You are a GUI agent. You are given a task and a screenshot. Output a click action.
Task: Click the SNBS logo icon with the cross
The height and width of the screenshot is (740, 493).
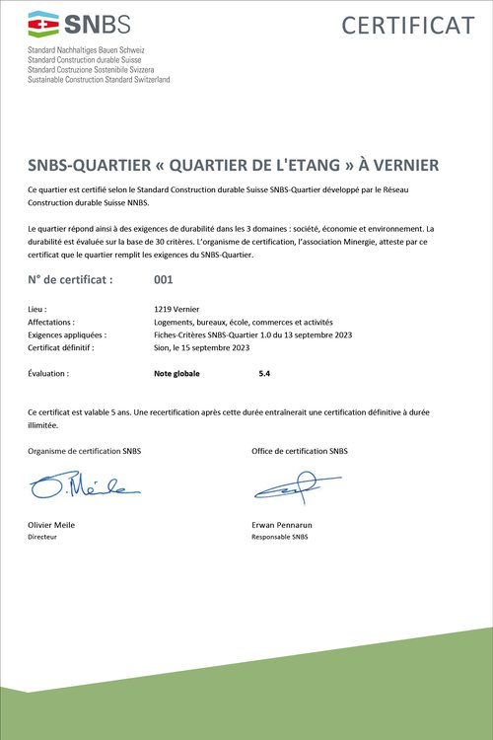point(43,23)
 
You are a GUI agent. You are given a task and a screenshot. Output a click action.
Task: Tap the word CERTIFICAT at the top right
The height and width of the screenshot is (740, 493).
point(408,25)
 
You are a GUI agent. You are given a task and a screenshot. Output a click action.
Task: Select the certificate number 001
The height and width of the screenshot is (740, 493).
point(165,280)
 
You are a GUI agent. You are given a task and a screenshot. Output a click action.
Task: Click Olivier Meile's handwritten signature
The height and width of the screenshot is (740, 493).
point(83,486)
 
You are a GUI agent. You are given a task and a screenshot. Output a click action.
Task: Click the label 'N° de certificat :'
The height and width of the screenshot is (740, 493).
point(71,280)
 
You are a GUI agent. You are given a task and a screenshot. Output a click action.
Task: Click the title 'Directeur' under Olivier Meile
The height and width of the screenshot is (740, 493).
point(42,538)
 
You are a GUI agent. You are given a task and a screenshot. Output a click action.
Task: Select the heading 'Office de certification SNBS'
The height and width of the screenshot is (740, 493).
point(300,451)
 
